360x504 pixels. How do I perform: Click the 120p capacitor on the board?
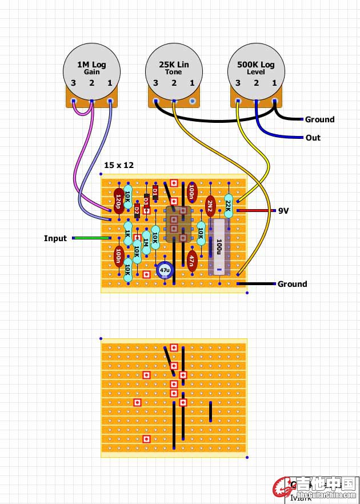118,201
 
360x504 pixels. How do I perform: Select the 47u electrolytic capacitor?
165,269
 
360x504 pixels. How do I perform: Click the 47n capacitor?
192,260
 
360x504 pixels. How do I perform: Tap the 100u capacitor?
219,247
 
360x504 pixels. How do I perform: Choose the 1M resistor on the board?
146,242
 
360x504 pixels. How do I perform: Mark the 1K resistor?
127,233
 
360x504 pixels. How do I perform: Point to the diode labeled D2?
137,210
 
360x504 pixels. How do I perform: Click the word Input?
55,238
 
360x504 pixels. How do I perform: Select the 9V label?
284,210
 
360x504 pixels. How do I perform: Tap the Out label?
313,138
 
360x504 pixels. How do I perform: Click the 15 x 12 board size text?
119,165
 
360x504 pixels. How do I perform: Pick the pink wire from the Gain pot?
78,160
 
